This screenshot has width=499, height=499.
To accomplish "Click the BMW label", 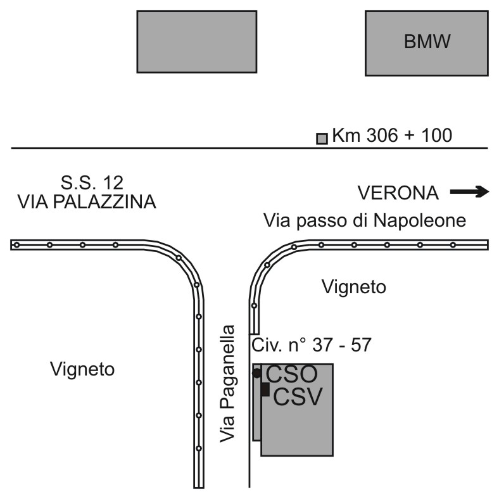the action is tap(427, 41).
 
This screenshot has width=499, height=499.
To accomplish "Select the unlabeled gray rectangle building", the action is tap(197, 42).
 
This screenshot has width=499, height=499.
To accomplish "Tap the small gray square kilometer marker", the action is tap(322, 139).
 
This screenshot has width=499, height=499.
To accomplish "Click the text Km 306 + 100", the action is tap(392, 136).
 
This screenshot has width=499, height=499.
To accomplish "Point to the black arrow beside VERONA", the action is tap(469, 192).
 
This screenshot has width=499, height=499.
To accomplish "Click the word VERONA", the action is tap(398, 193).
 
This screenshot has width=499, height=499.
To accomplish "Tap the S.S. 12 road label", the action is tap(92, 182).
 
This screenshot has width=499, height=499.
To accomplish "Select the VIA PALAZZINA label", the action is tap(87, 202).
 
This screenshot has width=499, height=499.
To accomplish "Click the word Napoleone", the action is tap(420, 220).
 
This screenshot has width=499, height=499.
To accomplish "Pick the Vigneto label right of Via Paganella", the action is tap(354, 287).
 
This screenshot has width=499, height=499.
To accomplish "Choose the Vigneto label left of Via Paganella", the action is tap(82, 369).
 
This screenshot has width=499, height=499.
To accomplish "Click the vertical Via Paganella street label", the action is tap(227, 384).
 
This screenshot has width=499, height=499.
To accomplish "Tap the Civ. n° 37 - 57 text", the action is tap(312, 344).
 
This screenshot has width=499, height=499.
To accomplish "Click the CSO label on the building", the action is tap(292, 374).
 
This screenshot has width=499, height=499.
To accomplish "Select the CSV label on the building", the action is tap(298, 397).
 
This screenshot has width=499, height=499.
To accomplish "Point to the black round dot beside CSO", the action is tap(257, 373).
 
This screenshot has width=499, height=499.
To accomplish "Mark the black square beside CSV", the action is tap(265, 389).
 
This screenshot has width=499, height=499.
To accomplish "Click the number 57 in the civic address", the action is tap(361, 344).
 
